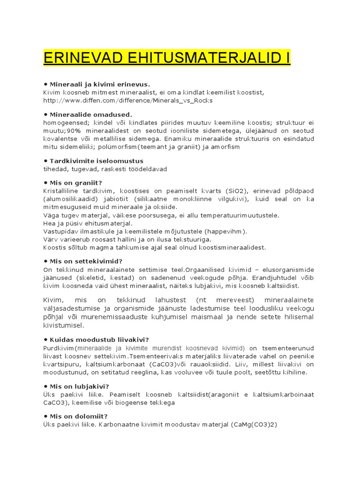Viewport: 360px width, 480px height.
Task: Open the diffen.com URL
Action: tap(127, 100)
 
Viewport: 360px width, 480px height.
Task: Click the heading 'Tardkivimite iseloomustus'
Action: tap(96, 161)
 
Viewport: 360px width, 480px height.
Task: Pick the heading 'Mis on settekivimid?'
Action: tap(89, 261)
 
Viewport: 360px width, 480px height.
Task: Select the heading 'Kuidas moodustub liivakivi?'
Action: tap(99, 339)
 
